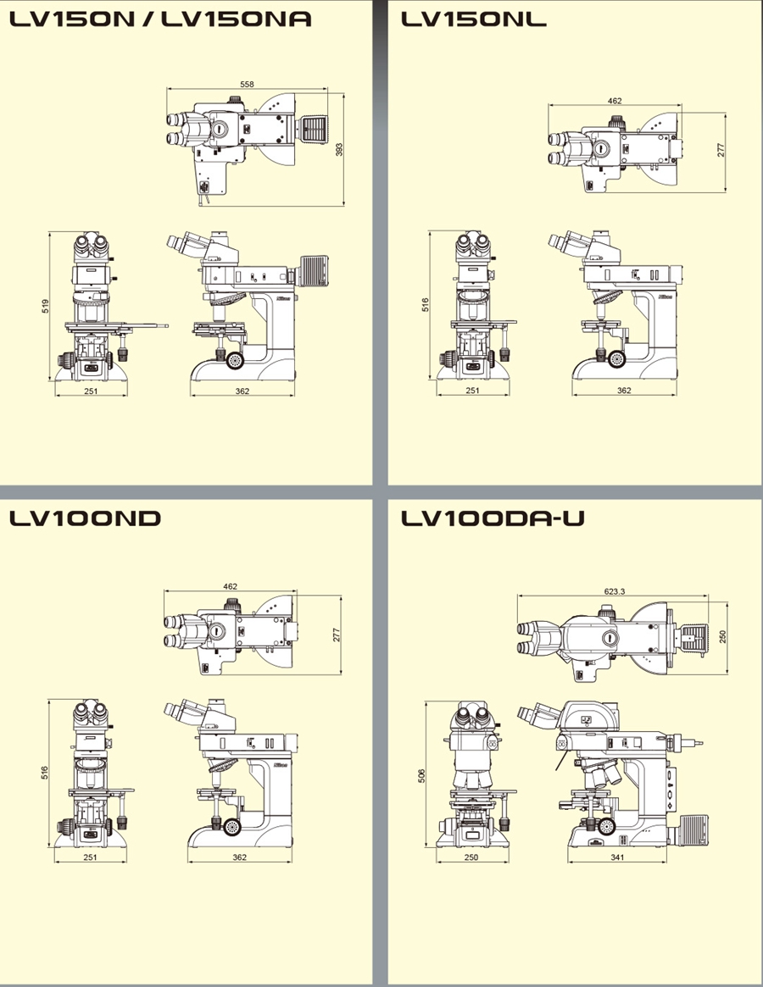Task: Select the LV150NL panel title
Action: [x=474, y=18]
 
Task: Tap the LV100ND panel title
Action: [x=85, y=518]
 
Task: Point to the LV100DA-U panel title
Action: [x=493, y=518]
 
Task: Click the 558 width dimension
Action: [x=247, y=84]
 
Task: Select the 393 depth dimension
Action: [x=339, y=149]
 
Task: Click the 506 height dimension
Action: [x=422, y=775]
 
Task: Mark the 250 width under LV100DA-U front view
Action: [x=472, y=857]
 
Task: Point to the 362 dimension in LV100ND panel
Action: [x=239, y=857]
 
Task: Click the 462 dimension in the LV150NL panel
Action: [x=615, y=101]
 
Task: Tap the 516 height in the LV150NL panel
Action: [x=426, y=305]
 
